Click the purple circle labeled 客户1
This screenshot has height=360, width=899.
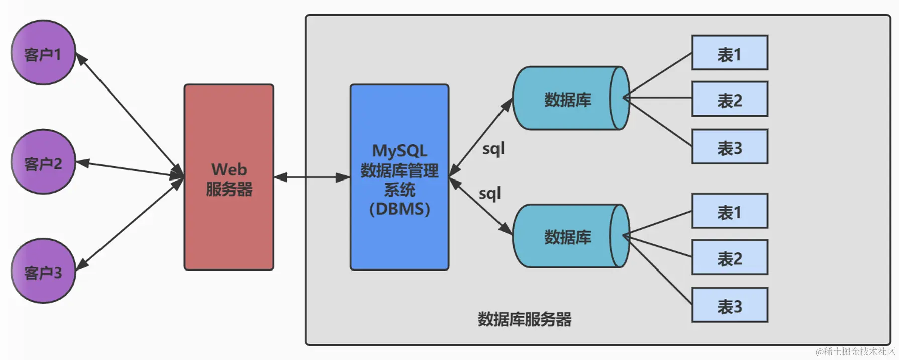pos(43,53)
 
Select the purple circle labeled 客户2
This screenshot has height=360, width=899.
pos(43,162)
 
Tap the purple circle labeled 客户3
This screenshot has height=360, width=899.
pos(43,271)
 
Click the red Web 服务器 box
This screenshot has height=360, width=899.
pos(229,177)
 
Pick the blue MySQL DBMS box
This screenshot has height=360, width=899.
pos(399,177)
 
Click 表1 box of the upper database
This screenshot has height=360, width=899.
pos(729,53)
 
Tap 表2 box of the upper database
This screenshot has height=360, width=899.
pos(729,99)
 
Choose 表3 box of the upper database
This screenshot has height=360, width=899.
pos(729,147)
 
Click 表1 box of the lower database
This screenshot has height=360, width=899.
pos(729,211)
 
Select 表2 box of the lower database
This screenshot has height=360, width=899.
pos(729,257)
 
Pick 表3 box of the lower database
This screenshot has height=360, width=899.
pos(729,305)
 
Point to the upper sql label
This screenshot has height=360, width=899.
pos(493,149)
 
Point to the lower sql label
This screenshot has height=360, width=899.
pos(489,194)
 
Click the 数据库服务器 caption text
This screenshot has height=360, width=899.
pos(524,319)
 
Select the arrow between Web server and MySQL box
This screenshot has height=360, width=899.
pos(312,177)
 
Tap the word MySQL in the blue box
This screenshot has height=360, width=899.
pos(399,151)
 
